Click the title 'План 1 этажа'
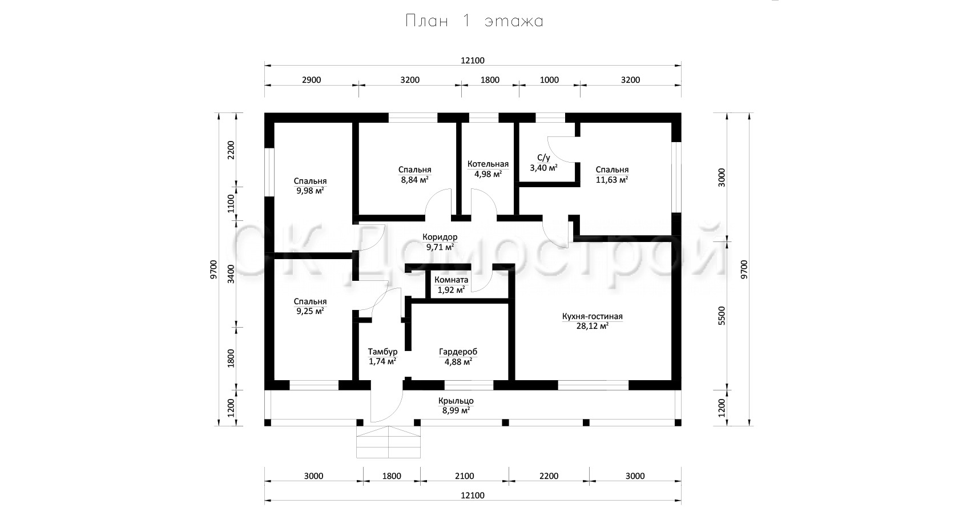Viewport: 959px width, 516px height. pyautogui.click(x=474, y=21)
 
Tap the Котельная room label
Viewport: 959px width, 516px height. pyautogui.click(x=488, y=164)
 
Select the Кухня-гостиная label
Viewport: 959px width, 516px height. pyautogui.click(x=592, y=316)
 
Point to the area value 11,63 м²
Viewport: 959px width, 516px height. pyautogui.click(x=612, y=180)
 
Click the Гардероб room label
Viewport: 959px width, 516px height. pyautogui.click(x=458, y=352)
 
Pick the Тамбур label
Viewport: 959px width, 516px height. pyautogui.click(x=382, y=352)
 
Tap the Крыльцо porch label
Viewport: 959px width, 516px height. pyautogui.click(x=456, y=401)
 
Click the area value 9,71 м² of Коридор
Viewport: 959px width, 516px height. pyautogui.click(x=440, y=247)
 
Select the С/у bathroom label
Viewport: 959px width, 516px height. pyautogui.click(x=543, y=158)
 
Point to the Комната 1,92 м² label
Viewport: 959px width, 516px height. pyautogui.click(x=451, y=285)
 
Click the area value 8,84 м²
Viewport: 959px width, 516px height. pyautogui.click(x=414, y=180)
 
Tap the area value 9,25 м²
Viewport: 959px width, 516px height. pyautogui.click(x=310, y=311)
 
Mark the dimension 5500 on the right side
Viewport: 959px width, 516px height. pyautogui.click(x=722, y=316)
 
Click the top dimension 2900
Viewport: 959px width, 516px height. pyautogui.click(x=311, y=80)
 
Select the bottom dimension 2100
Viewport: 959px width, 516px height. pyautogui.click(x=465, y=476)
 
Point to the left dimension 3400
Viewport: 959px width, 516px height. pyautogui.click(x=231, y=274)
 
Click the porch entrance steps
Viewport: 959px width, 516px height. pyautogui.click(x=388, y=442)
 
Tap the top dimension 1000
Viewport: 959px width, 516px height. pyautogui.click(x=549, y=80)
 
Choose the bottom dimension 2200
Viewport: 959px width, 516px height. pyautogui.click(x=549, y=476)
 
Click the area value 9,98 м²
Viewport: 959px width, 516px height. pyautogui.click(x=310, y=191)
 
